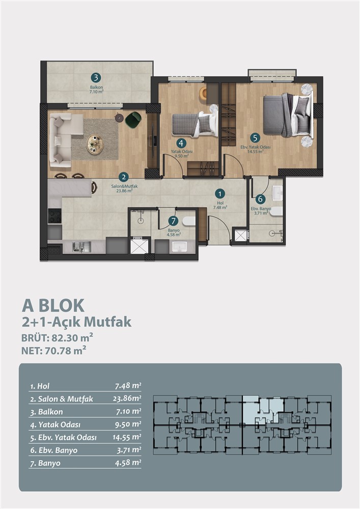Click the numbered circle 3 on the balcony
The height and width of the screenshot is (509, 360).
click(x=95, y=78)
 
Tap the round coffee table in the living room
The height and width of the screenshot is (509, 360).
click(x=95, y=145)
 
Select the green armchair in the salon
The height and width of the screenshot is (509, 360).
click(x=133, y=119)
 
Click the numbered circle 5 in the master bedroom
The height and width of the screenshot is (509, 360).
click(x=255, y=138)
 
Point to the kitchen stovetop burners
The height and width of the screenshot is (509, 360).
click(x=54, y=216)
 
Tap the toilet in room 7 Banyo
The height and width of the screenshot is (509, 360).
click(x=188, y=221)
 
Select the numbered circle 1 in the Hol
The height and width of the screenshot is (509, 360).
click(x=220, y=194)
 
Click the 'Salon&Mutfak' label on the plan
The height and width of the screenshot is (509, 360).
click(x=124, y=186)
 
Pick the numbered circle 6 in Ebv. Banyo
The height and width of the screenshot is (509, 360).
click(x=260, y=199)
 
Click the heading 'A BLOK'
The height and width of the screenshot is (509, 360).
click(x=53, y=305)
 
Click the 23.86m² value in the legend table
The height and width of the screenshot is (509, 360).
click(x=127, y=399)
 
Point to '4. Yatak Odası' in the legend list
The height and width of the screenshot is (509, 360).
click(x=55, y=425)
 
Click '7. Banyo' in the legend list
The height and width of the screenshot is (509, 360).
click(x=45, y=463)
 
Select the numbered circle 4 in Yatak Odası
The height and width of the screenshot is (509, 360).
click(x=181, y=143)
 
